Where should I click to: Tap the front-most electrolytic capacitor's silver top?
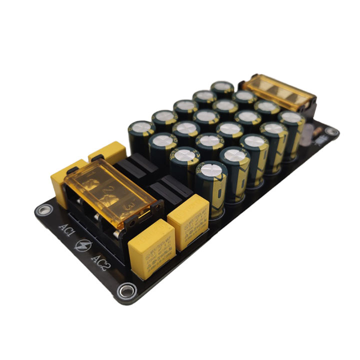tap(209, 170)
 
